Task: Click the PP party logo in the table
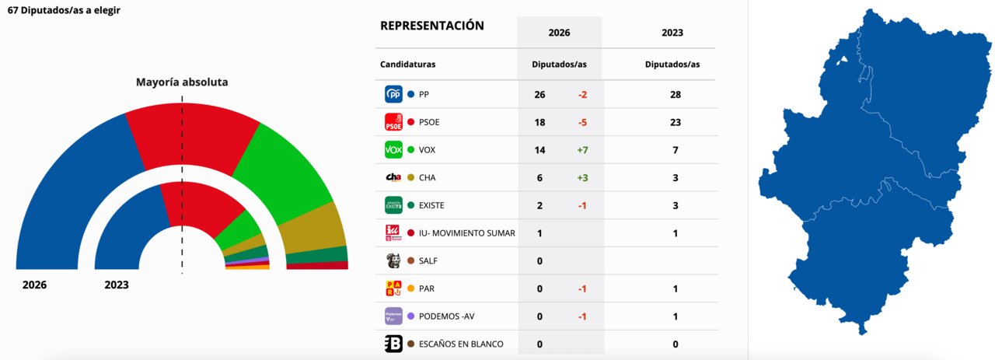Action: (393, 94)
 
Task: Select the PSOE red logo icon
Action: (393, 122)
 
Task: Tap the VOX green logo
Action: (393, 149)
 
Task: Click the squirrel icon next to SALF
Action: (393, 260)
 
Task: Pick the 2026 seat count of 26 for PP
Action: (539, 94)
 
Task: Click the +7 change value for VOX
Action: (581, 149)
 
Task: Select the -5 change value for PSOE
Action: (581, 122)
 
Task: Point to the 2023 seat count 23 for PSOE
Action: (676, 122)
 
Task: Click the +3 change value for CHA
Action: (581, 177)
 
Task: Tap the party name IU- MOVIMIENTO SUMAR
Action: (466, 233)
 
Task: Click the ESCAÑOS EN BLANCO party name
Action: (461, 344)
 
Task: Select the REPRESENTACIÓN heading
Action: (431, 26)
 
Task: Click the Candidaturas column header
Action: (407, 64)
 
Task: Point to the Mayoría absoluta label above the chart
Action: (182, 82)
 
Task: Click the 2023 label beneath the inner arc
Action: (117, 285)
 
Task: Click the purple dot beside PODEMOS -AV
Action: (410, 316)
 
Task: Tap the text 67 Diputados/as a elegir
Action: (64, 11)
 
